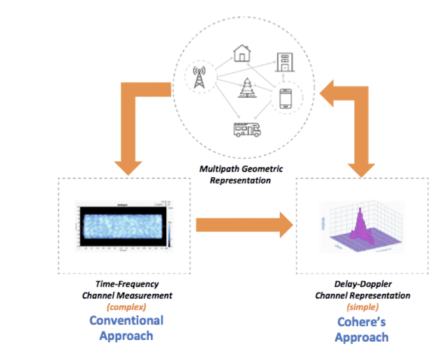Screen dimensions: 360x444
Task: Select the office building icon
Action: pyautogui.click(x=283, y=61)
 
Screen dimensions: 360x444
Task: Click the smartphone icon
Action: pyautogui.click(x=286, y=98)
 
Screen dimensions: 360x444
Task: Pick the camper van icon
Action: pyautogui.click(x=245, y=130)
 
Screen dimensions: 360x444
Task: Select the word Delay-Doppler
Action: pyautogui.click(x=362, y=285)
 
